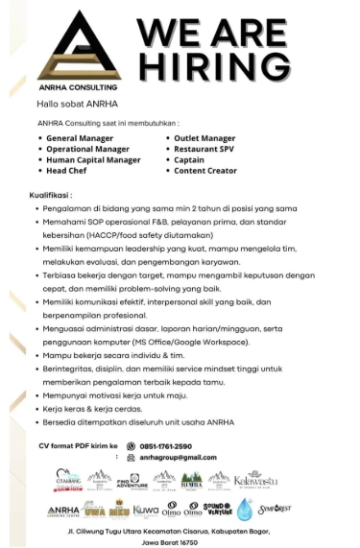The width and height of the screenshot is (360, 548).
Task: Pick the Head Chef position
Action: [x=68, y=170]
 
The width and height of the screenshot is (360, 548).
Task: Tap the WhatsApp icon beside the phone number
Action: [x=130, y=445]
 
